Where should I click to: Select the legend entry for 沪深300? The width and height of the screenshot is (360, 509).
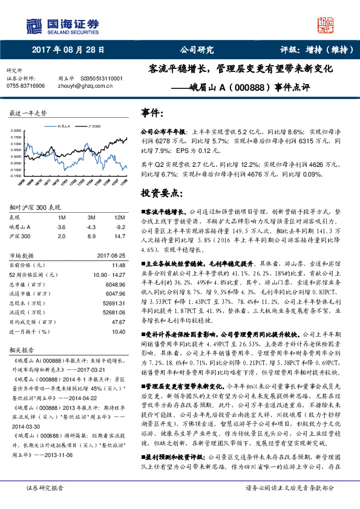click(94, 126)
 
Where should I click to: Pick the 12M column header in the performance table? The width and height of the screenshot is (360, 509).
click(113, 216)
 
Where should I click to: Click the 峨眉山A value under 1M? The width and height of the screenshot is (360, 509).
click(61, 226)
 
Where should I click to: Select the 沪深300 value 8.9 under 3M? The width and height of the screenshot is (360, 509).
click(91, 236)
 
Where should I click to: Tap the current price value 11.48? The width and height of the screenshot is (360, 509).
click(118, 265)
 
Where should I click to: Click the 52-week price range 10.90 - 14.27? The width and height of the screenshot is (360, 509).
click(110, 274)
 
